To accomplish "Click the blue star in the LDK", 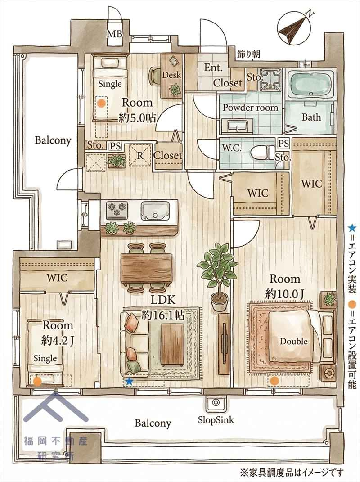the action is pyautogui.click(x=130, y=382).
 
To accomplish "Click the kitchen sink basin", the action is pyautogui.click(x=156, y=211).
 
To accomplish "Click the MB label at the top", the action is pyautogui.click(x=114, y=34).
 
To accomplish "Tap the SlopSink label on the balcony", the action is pyautogui.click(x=216, y=419).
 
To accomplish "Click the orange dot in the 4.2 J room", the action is pyautogui.click(x=37, y=382).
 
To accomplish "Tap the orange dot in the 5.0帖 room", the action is pyautogui.click(x=100, y=104).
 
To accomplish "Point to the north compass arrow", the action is pyautogui.click(x=292, y=27).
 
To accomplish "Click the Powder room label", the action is pyautogui.click(x=250, y=108).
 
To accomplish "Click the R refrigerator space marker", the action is pyautogui.click(x=140, y=155).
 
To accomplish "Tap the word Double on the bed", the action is pyautogui.click(x=293, y=341).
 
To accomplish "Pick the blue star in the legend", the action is pyautogui.click(x=352, y=228).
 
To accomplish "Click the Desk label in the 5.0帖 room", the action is pyautogui.click(x=171, y=75).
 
